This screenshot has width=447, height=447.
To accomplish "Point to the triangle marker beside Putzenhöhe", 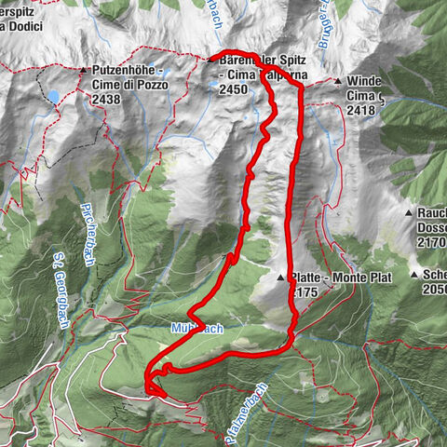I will [83, 71].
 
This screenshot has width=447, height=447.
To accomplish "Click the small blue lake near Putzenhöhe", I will [56, 97].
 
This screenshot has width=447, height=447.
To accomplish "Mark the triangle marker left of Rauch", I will [409, 213].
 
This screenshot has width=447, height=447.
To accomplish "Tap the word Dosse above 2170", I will [432, 227].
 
